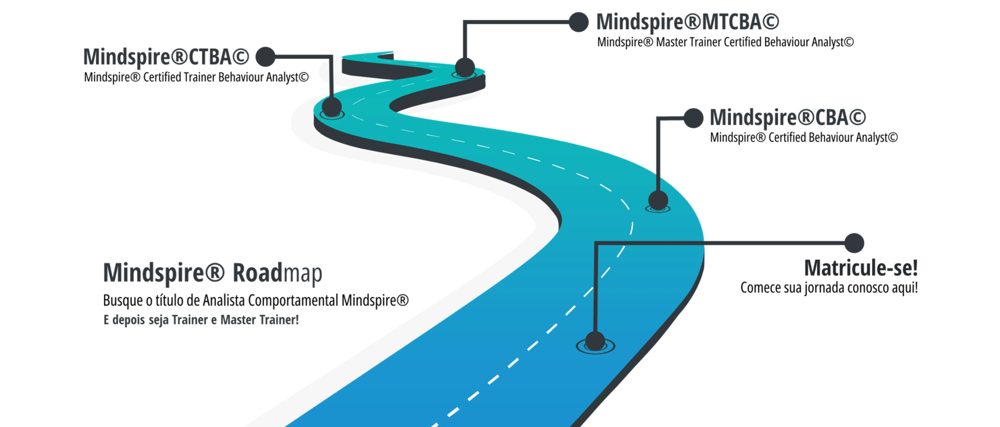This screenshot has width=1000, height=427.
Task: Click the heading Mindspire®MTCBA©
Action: [687, 22]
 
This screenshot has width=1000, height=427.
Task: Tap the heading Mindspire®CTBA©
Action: [166, 57]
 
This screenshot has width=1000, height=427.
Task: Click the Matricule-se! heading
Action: [861, 268]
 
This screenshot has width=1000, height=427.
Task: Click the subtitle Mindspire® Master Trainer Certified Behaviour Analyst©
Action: [725, 42]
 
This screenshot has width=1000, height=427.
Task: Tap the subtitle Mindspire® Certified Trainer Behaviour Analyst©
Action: [196, 77]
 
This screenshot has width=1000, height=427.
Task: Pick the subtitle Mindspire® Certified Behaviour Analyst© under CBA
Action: [804, 137]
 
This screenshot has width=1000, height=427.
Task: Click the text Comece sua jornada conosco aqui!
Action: [829, 288]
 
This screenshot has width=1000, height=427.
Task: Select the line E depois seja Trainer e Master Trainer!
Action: [201, 320]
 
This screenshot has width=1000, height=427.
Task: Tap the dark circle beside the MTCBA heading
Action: [579, 22]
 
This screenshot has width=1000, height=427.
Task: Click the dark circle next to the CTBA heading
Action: [266, 57]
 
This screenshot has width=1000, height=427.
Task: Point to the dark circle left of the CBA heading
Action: [693, 118]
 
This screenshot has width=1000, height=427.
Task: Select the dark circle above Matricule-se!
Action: [854, 243]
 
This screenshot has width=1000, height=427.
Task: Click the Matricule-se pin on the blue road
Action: [595, 342]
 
